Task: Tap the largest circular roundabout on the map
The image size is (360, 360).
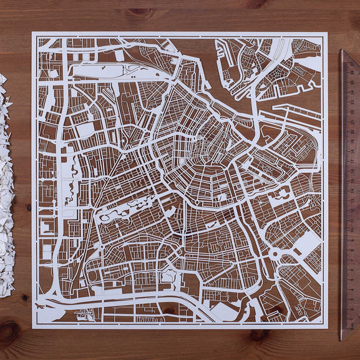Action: coord(276,253)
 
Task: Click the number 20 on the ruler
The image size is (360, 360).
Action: coord(353,132)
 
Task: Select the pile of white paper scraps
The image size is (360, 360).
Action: coord(6,187)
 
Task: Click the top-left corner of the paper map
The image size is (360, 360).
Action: coord(32,32)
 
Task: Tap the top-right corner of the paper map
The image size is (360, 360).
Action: coord(327,32)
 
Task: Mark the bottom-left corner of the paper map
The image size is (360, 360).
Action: coord(32,328)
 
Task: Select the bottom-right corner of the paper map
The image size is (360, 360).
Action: coord(327,328)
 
